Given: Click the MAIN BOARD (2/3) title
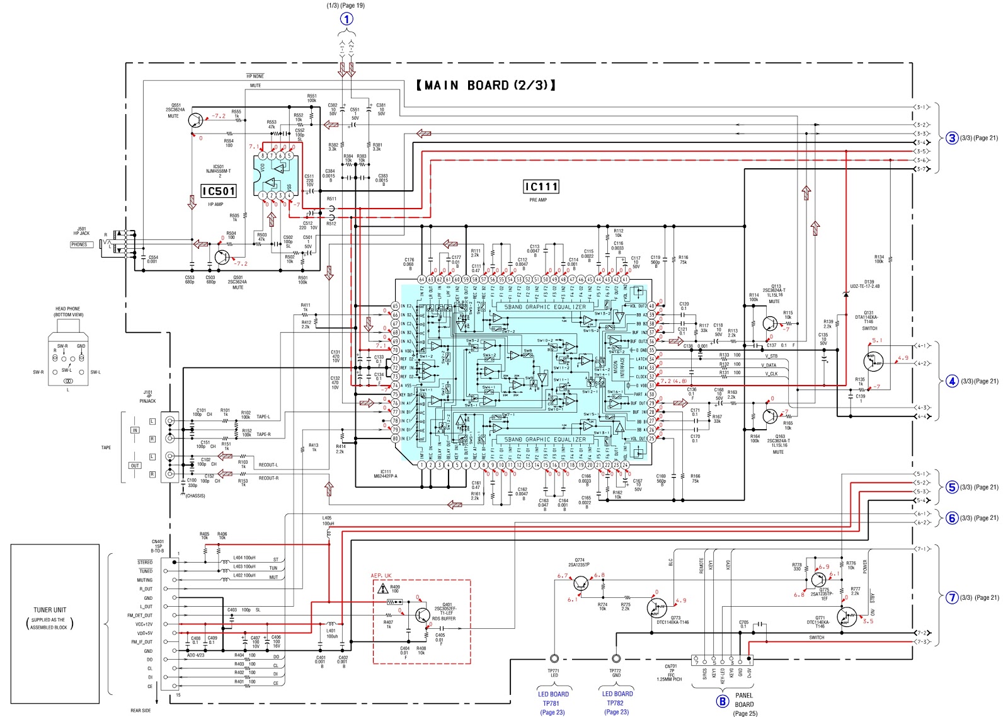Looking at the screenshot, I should [486, 85].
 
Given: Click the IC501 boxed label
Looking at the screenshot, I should [219, 191].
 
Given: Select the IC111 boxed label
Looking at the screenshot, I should [541, 186].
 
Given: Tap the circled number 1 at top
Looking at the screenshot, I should [346, 19].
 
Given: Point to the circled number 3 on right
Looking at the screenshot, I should [952, 138].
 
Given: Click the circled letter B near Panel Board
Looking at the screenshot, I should [722, 701].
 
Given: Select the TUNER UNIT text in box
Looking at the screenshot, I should [50, 610].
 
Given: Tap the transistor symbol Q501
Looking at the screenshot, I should [222, 257].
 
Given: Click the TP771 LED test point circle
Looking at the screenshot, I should [554, 658].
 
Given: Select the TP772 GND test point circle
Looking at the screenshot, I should [616, 658].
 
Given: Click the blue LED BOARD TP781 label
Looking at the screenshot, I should [553, 699].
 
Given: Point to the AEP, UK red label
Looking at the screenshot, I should [381, 576].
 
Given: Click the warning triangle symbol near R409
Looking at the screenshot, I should [382, 590].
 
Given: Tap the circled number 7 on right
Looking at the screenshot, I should [952, 597].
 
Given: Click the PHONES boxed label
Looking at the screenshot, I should [79, 244].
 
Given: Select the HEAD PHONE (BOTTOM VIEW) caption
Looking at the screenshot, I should [68, 311].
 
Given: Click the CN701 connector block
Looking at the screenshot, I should [722, 660].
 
